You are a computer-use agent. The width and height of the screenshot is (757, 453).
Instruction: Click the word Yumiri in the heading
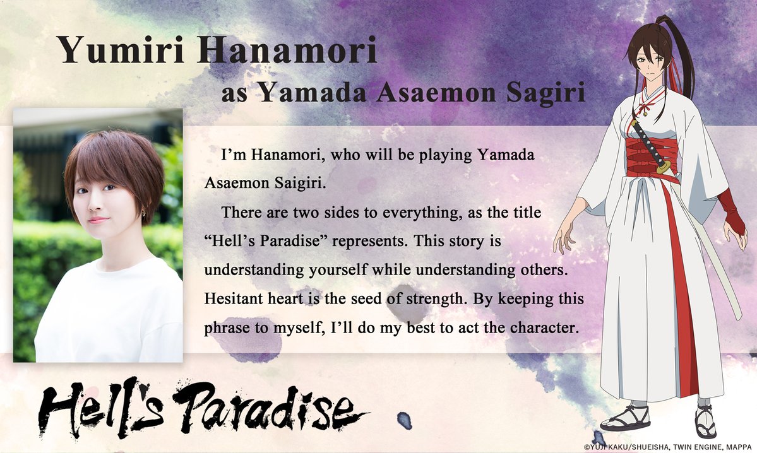[x=121, y=50]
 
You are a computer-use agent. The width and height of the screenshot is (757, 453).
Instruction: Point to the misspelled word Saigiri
[x=299, y=184]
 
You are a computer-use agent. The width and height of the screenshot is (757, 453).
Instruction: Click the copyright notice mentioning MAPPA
[x=669, y=447]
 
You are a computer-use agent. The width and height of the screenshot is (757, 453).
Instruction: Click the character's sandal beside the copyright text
[x=705, y=421]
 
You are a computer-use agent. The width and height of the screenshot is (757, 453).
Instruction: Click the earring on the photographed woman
[x=143, y=211]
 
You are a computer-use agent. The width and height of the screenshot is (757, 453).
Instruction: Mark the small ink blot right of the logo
[x=405, y=421]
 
